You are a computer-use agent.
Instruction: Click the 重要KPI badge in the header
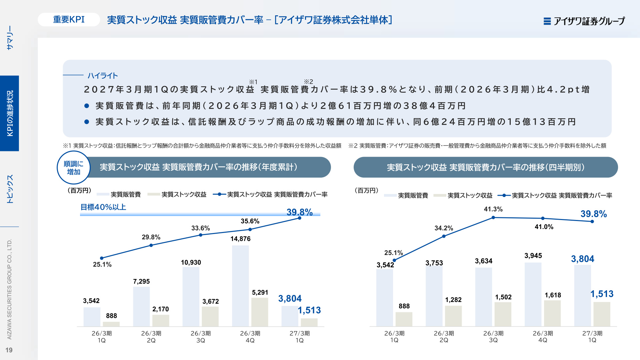[69, 20]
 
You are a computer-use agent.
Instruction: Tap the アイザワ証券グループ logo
[584, 21]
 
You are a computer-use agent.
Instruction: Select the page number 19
[9, 350]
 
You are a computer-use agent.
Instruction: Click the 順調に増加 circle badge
[74, 168]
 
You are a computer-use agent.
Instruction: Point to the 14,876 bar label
[240, 239]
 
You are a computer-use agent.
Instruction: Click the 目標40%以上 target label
[103, 207]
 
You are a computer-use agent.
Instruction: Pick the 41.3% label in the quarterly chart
[493, 209]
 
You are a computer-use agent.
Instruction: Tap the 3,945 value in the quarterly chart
[533, 256]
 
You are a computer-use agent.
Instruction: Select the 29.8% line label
[151, 237]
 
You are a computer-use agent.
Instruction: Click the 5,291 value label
[260, 292]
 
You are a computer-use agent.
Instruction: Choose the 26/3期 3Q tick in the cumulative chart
[201, 337]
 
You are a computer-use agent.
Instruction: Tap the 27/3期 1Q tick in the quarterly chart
[592, 337]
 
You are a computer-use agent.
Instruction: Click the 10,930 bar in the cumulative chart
[191, 297]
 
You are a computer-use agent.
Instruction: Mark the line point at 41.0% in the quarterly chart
[543, 218]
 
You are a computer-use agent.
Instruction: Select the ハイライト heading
[103, 76]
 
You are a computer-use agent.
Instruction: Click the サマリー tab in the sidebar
[10, 38]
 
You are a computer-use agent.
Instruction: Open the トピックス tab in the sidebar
[10, 189]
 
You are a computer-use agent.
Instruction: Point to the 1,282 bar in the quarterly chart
[453, 316]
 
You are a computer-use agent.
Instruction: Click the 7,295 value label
[141, 281]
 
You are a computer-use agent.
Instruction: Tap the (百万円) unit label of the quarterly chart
[366, 190]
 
